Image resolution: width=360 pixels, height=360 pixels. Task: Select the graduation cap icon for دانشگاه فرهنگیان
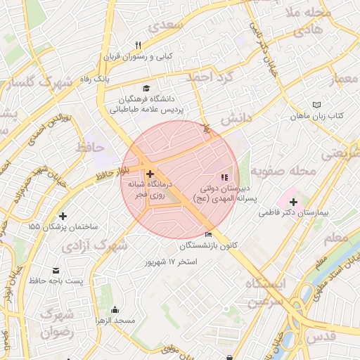click(146, 89)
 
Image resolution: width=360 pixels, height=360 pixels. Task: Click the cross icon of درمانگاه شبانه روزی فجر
click(150, 173)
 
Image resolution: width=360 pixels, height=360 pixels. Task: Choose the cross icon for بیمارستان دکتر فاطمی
click(294, 202)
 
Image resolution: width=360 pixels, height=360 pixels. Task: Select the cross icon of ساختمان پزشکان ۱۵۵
click(63, 217)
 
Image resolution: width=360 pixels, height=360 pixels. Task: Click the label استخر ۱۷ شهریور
click(171, 262)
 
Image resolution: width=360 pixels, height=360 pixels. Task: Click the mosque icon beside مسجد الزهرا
click(115, 310)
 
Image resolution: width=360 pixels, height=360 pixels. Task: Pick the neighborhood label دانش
click(236, 120)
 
